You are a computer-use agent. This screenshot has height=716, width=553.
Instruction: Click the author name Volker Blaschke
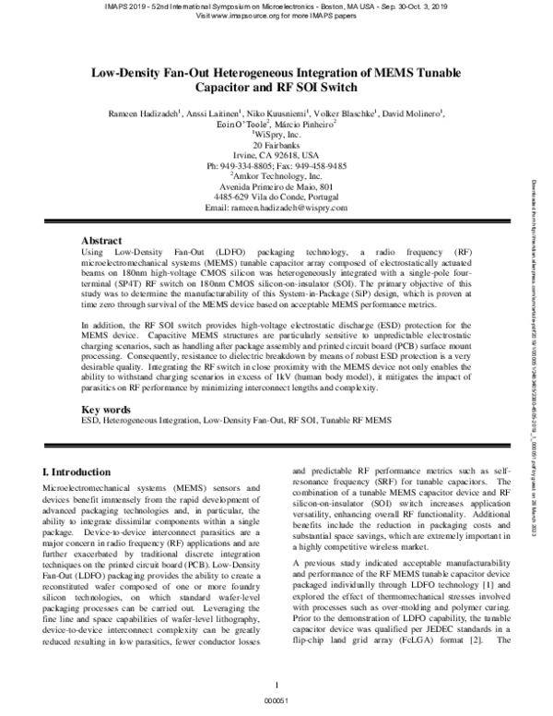pos(329,113)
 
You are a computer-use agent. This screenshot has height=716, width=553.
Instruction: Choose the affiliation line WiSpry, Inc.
pos(276,134)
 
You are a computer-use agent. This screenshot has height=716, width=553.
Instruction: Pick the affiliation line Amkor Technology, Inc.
pos(276,175)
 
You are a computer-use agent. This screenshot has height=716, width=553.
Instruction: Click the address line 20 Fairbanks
pos(276,145)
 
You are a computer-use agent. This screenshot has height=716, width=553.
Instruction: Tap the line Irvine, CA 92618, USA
pos(276,155)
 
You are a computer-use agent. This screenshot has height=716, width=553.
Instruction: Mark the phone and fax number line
pos(276,165)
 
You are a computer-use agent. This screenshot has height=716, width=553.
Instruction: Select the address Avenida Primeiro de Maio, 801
pos(276,186)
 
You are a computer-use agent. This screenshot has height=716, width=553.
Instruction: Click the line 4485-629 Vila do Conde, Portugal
pos(276,197)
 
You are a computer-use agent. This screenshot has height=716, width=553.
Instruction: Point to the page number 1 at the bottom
pos(276,685)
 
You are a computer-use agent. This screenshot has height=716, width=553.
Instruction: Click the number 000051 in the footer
pos(276,701)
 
